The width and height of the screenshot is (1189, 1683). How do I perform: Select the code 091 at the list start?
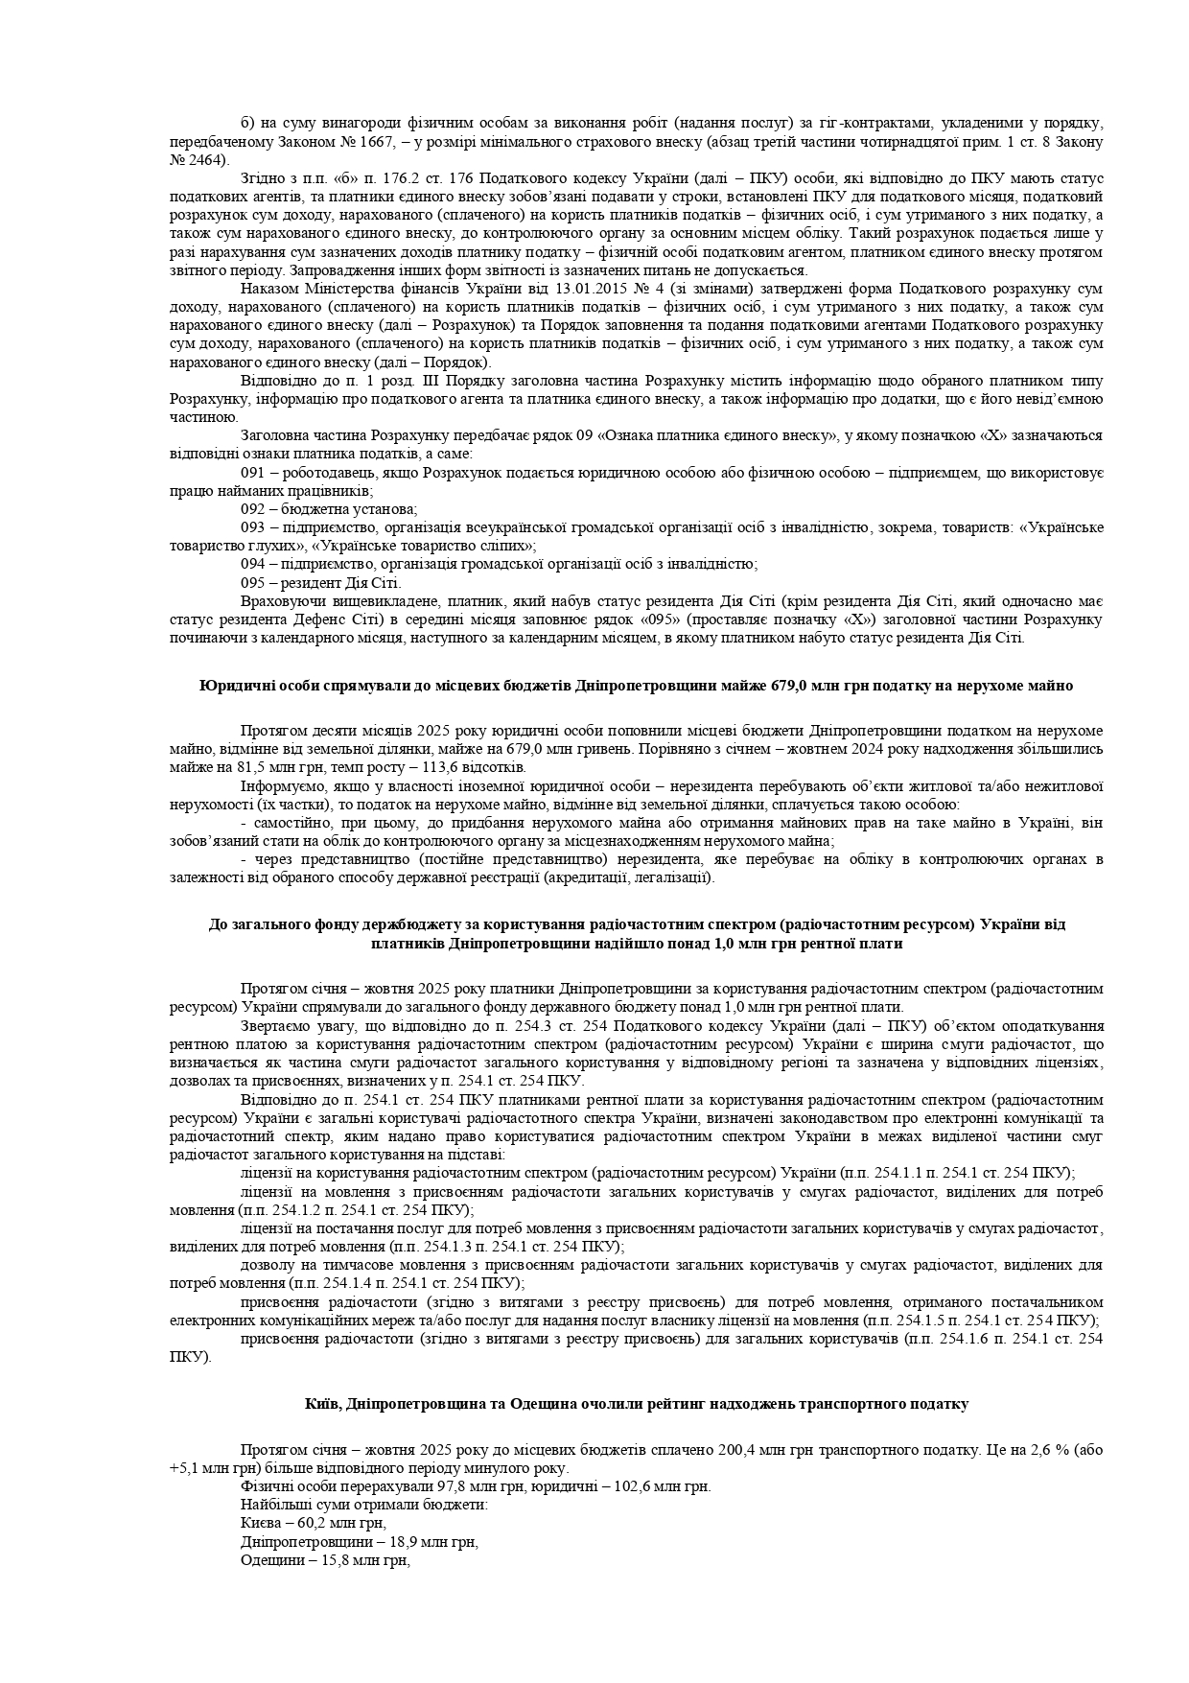point(253,473)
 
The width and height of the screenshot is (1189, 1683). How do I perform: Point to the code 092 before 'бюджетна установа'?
point(253,509)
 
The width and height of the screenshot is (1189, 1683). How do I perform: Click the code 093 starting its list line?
point(253,527)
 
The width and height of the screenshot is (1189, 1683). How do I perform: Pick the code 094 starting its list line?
point(253,564)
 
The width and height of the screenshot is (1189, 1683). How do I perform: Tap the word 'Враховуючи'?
point(280,601)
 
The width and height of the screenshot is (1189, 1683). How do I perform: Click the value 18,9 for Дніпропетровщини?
point(410,1542)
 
